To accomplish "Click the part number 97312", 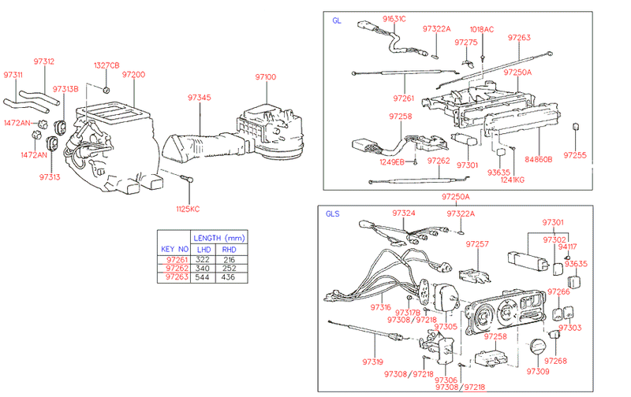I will (x=44, y=61).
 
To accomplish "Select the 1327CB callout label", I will (x=107, y=65).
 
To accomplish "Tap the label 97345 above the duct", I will (x=200, y=98).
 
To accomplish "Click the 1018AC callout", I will (x=482, y=29).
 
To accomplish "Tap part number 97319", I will (x=372, y=362).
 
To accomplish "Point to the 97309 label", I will (x=538, y=371).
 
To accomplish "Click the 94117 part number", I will (x=567, y=247).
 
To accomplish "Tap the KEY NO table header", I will (x=175, y=248).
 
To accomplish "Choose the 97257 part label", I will (x=477, y=245).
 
